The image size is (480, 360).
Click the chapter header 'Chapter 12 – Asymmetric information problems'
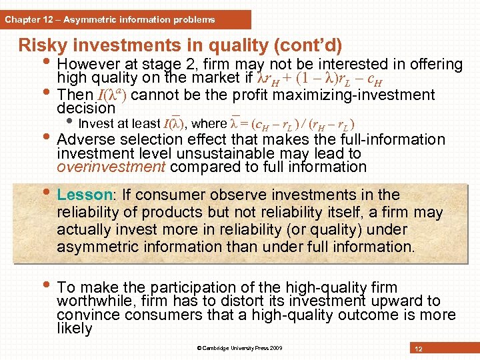pos(110,19)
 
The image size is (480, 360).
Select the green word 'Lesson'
pos(84,195)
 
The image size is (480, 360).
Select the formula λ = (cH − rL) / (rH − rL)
pos(291,123)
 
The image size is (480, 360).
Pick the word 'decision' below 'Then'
pos(86,108)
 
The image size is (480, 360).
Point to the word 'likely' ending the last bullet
pos(74,329)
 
